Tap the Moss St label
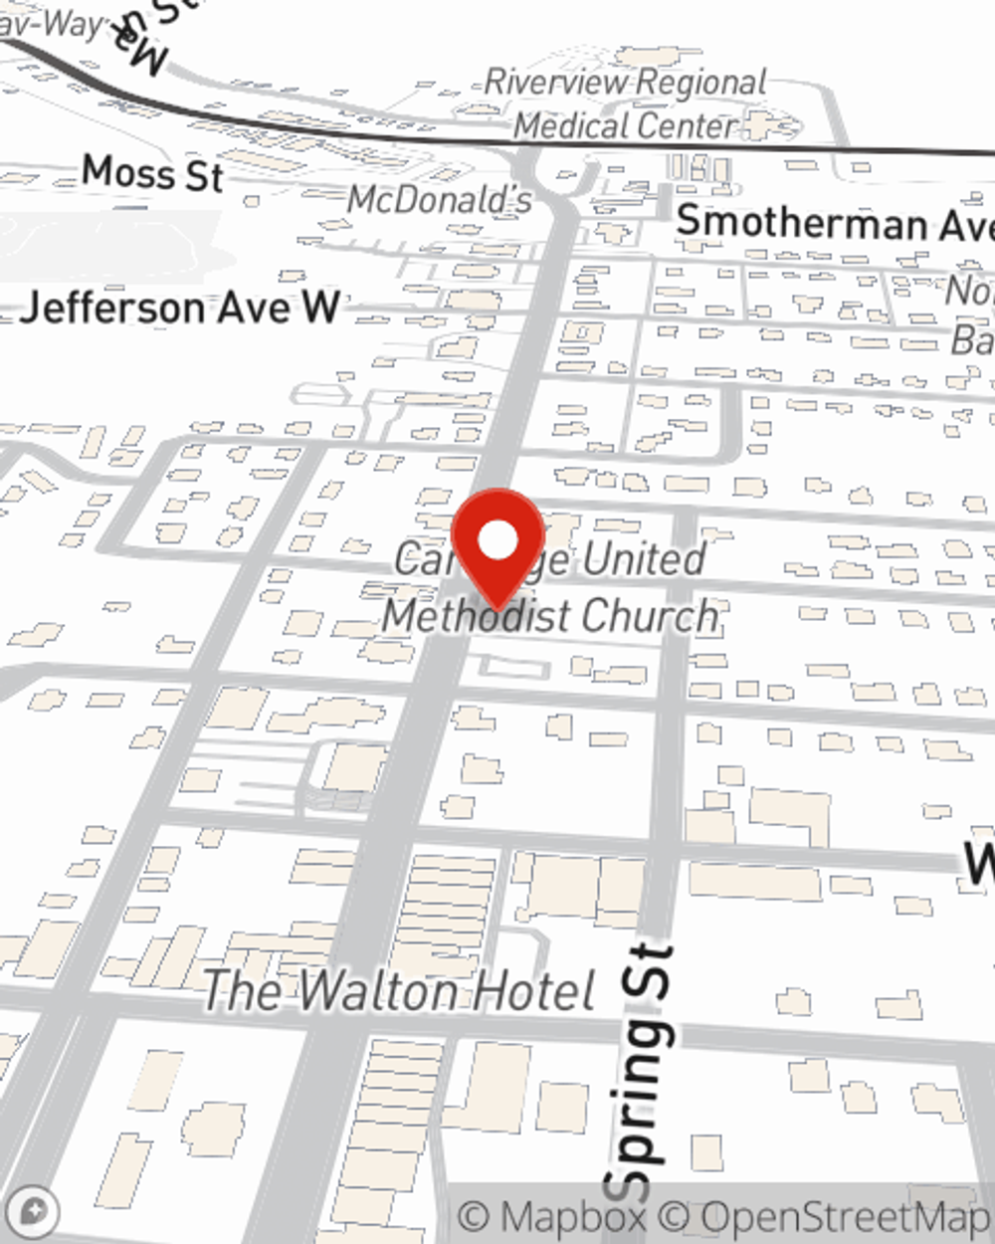[152, 173]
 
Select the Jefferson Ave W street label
[180, 307]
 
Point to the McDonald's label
[440, 200]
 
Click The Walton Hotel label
[399, 991]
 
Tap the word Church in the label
[651, 616]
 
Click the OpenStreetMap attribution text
[836, 1217]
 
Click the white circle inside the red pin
[498, 540]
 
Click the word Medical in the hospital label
[570, 126]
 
